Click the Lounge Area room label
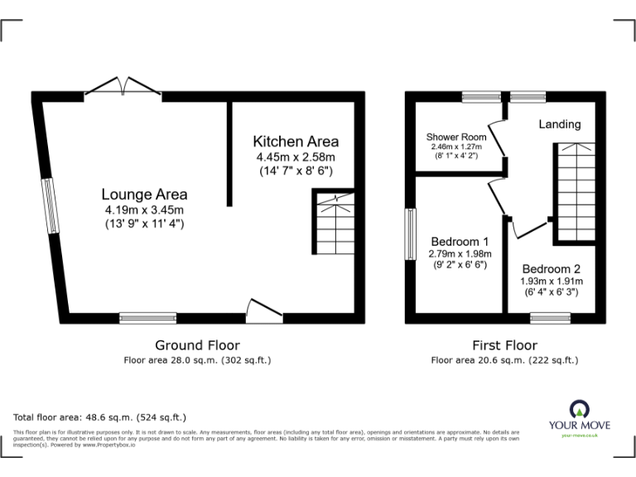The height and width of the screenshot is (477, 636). pyautogui.click(x=144, y=195)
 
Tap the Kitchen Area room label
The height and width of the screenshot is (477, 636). pyautogui.click(x=296, y=141)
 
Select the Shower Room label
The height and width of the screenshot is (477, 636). pyautogui.click(x=456, y=137)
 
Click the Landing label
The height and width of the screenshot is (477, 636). pyautogui.click(x=560, y=124)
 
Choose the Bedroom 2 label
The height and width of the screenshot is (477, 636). pyautogui.click(x=551, y=269)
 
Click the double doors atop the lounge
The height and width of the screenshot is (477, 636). pyautogui.click(x=123, y=86)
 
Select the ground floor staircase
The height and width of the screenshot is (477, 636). pyautogui.click(x=334, y=222)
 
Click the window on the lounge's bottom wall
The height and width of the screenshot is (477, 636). pyautogui.click(x=147, y=318)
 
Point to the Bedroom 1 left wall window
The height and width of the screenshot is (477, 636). pyautogui.click(x=410, y=235)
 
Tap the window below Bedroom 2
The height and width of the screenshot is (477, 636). pyautogui.click(x=544, y=318)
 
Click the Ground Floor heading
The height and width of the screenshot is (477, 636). pyautogui.click(x=197, y=345)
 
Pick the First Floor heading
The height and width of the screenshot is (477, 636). pyautogui.click(x=504, y=345)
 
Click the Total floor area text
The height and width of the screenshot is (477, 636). pyautogui.click(x=100, y=417)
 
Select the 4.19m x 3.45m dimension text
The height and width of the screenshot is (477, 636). pyautogui.click(x=144, y=210)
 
